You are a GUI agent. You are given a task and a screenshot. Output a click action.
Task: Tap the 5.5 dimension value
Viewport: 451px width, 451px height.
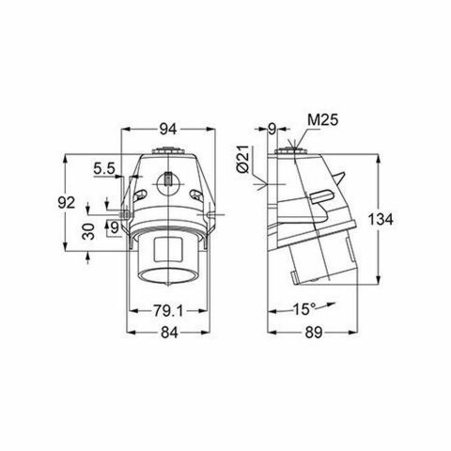click(104, 169)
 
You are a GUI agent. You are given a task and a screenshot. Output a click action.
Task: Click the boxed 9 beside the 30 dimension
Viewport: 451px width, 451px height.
click(114, 225)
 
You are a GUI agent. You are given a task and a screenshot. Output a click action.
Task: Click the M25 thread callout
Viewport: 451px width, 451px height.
click(321, 120)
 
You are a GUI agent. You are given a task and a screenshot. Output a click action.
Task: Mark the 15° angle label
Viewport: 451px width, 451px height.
click(303, 307)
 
